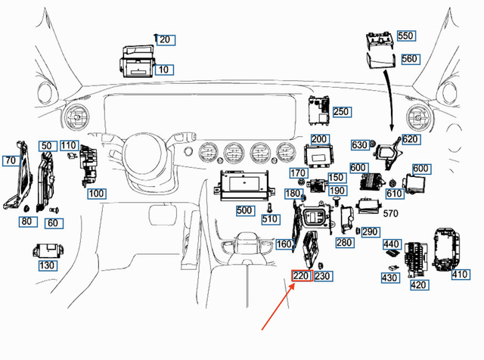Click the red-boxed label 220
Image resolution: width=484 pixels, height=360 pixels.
click(x=302, y=275)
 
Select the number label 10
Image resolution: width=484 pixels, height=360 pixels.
click(x=164, y=70)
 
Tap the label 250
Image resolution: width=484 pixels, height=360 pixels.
click(x=341, y=112)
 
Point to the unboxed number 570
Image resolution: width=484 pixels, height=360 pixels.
click(x=390, y=213)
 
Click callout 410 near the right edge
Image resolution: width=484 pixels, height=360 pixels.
click(x=461, y=275)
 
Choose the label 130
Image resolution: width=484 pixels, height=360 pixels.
click(x=48, y=265)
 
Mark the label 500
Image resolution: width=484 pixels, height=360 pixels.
click(x=245, y=210)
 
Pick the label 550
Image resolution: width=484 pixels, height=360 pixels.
click(x=406, y=36)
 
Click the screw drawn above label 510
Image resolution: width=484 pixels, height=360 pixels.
click(x=269, y=207)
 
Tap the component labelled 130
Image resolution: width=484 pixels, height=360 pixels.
click(x=48, y=250)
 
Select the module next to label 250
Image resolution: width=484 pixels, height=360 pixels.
click(x=319, y=110)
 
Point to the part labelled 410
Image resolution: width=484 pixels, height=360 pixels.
click(x=447, y=250)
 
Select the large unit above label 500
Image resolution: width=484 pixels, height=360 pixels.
click(x=244, y=185)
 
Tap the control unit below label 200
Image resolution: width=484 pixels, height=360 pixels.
click(x=318, y=156)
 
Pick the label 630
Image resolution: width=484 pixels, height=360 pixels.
click(x=360, y=144)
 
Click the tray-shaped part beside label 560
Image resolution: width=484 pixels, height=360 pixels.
click(x=381, y=61)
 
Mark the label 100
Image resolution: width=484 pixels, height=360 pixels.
click(x=97, y=194)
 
